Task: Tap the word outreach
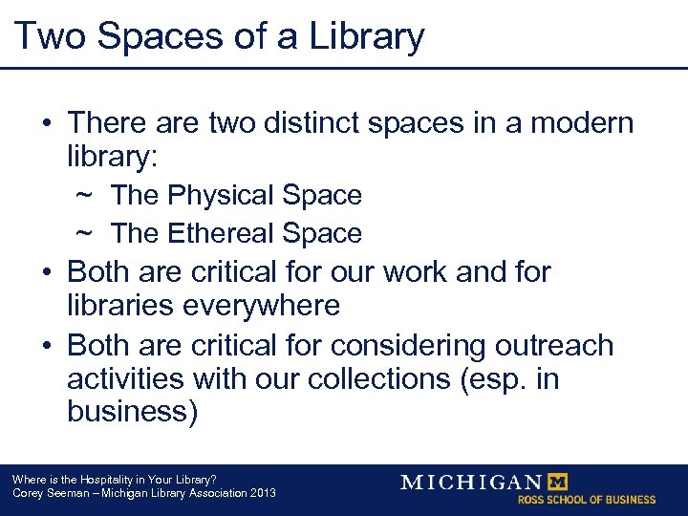click(x=551, y=344)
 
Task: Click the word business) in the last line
click(x=133, y=413)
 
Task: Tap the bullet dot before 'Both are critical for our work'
click(x=46, y=272)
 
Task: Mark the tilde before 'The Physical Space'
click(x=84, y=196)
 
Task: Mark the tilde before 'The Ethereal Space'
click(x=84, y=234)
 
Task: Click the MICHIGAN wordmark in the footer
click(x=471, y=482)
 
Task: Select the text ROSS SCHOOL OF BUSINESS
click(x=587, y=500)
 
